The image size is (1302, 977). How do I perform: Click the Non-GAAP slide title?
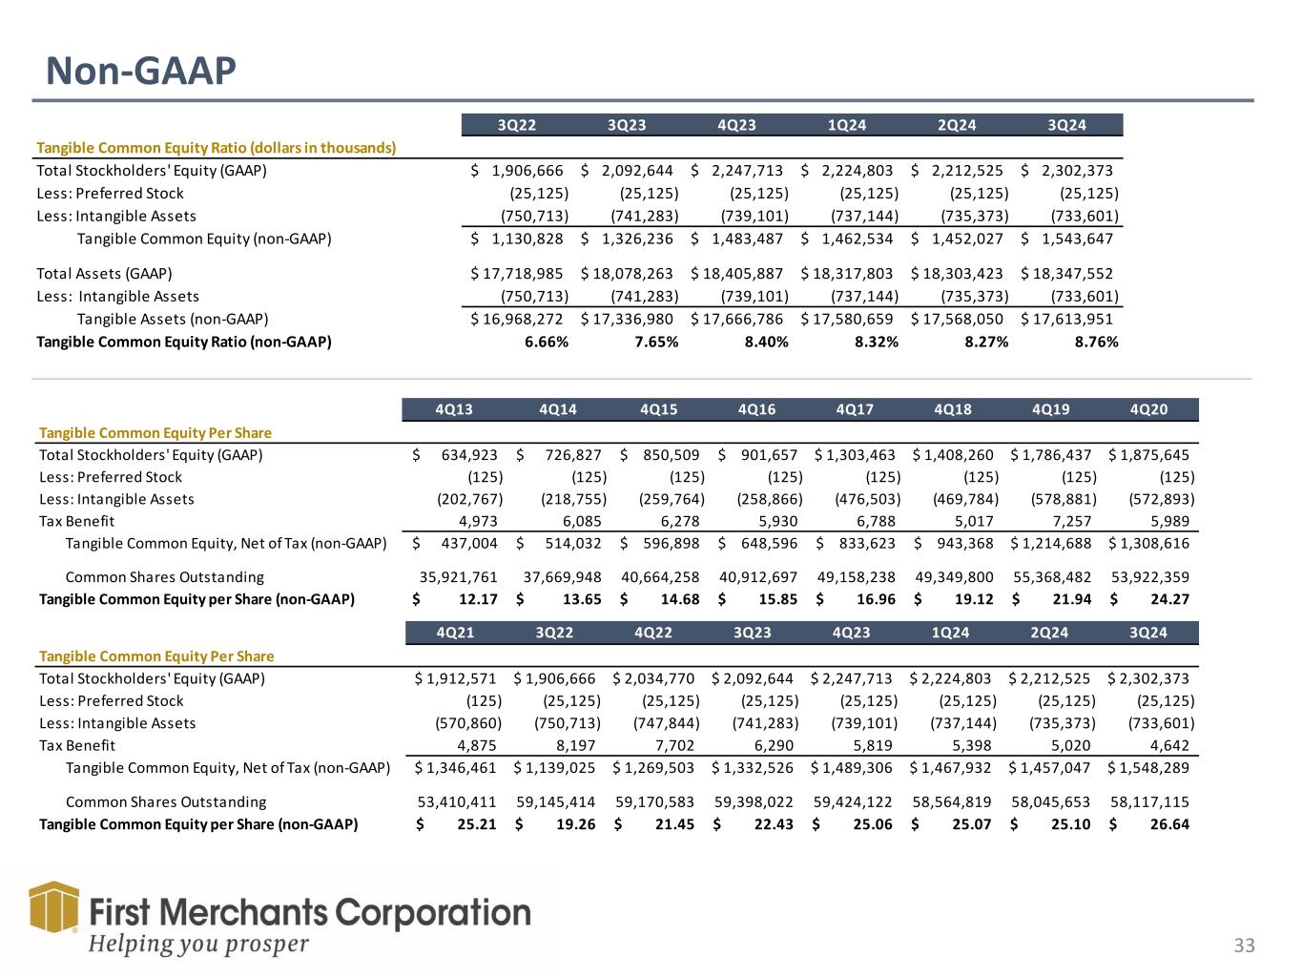(x=141, y=70)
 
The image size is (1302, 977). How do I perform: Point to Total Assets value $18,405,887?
(x=739, y=274)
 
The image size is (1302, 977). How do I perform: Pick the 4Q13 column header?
(x=453, y=409)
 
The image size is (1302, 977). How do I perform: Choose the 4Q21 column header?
(x=455, y=633)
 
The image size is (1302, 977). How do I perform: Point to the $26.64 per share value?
(x=1168, y=823)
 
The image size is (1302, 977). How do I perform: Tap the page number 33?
(x=1244, y=946)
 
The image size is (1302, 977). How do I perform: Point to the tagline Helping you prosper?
(x=198, y=944)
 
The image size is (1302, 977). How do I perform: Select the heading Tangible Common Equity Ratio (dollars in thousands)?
(x=216, y=148)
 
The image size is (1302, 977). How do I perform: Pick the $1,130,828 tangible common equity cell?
(x=527, y=239)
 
